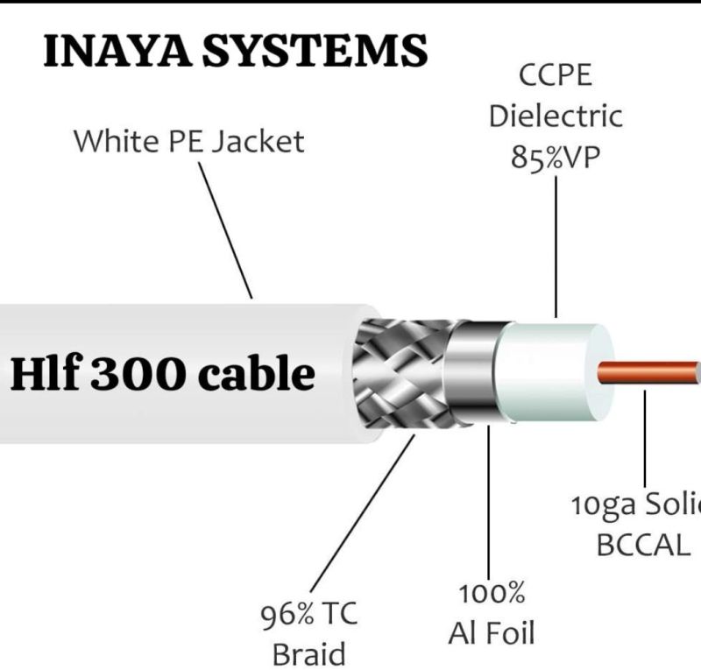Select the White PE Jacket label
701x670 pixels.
(x=188, y=141)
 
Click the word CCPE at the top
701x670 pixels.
(x=556, y=75)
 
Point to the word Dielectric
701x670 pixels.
(x=556, y=116)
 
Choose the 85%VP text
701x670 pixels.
(x=556, y=158)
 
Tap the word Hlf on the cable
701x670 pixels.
(x=43, y=374)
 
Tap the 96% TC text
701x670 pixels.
(x=308, y=615)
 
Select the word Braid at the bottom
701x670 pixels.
(x=308, y=653)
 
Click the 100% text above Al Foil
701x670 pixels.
(x=491, y=593)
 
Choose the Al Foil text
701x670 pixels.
(x=491, y=631)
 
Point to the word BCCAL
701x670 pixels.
(x=643, y=545)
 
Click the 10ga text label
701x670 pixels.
(x=597, y=505)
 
